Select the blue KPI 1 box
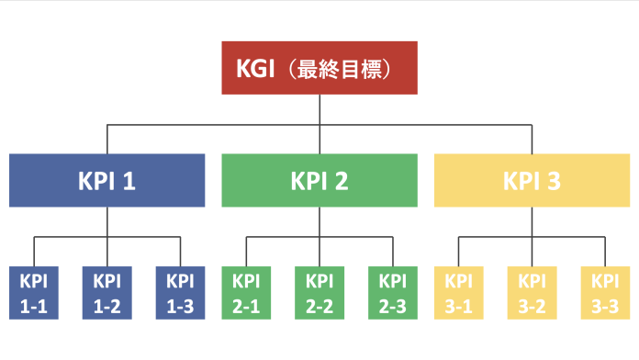pyautogui.click(x=107, y=180)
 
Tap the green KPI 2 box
pyautogui.click(x=319, y=180)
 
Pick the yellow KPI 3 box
pyautogui.click(x=532, y=180)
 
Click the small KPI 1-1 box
pyautogui.click(x=34, y=293)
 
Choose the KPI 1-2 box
pyautogui.click(x=107, y=293)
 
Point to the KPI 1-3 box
pyautogui.click(x=181, y=293)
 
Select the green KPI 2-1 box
pyautogui.click(x=246, y=293)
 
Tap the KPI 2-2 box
pyautogui.click(x=319, y=293)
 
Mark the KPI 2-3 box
pyautogui.click(x=393, y=293)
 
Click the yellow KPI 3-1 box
pyautogui.click(x=458, y=293)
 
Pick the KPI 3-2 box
pyautogui.click(x=532, y=293)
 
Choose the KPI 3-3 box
pyautogui.click(x=605, y=293)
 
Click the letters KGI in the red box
pyautogui.click(x=256, y=69)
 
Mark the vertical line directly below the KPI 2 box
pyautogui.click(x=319, y=221)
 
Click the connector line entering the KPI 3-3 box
pyautogui.click(x=605, y=252)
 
